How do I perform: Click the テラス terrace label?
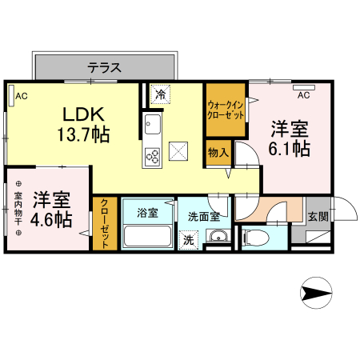tap(105, 67)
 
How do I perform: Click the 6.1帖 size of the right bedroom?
tap(290, 149)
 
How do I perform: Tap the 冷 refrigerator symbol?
tap(161, 94)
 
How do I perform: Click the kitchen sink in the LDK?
tap(152, 126)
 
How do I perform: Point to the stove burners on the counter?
tap(152, 154)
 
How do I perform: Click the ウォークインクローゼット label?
tap(226, 110)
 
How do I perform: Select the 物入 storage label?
tap(218, 151)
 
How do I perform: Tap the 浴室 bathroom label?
tap(147, 213)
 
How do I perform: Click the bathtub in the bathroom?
tap(147, 237)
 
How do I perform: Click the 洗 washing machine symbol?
tap(189, 238)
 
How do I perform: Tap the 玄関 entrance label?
tap(318, 216)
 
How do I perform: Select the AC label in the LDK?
tap(22, 96)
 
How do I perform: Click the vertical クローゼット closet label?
tap(103, 224)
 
